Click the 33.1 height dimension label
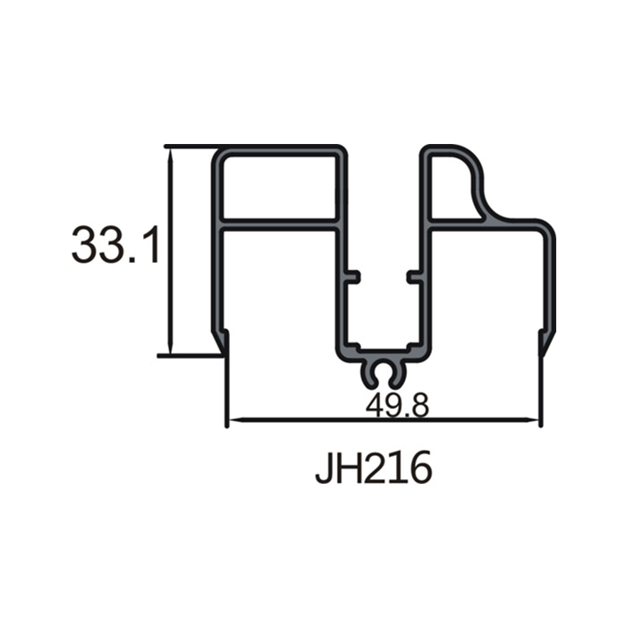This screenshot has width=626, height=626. (x=115, y=245)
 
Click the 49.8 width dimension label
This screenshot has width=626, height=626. (x=397, y=405)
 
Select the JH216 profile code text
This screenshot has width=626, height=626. (x=373, y=467)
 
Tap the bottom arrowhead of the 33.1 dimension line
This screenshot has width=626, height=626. (x=171, y=346)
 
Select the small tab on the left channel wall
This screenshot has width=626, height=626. (x=353, y=276)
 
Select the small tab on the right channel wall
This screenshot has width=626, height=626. (x=414, y=276)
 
